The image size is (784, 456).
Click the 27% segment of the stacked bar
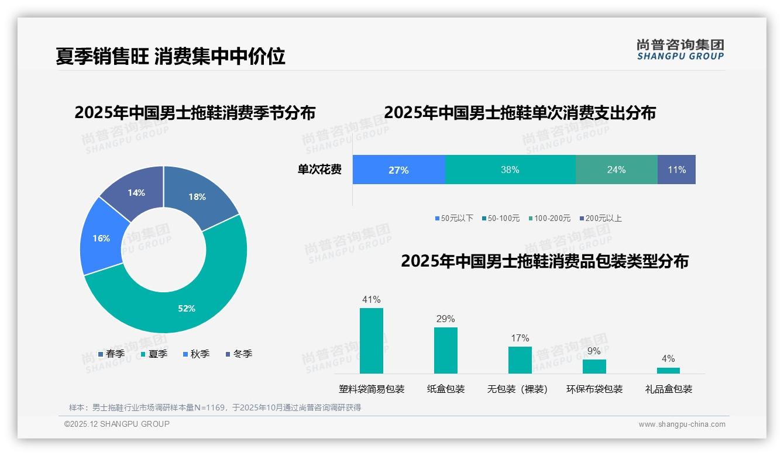point(398,170)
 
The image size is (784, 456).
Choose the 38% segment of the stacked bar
point(510,170)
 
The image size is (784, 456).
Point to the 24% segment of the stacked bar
point(616,170)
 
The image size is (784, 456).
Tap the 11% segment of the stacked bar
point(676,170)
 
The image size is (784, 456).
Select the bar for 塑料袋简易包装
point(372,341)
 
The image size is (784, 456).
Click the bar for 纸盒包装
point(446,350)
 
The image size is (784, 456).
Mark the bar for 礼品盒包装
point(668,370)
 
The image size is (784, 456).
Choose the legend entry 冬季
point(239,354)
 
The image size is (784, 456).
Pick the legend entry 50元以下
point(454,218)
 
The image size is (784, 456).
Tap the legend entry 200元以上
point(600,218)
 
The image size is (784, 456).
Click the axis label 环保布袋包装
point(594,389)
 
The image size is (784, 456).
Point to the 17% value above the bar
point(520,338)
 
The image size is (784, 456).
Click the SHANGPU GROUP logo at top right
point(680,50)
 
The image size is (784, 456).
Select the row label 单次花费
point(319,170)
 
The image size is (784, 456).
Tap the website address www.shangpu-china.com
point(682,424)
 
